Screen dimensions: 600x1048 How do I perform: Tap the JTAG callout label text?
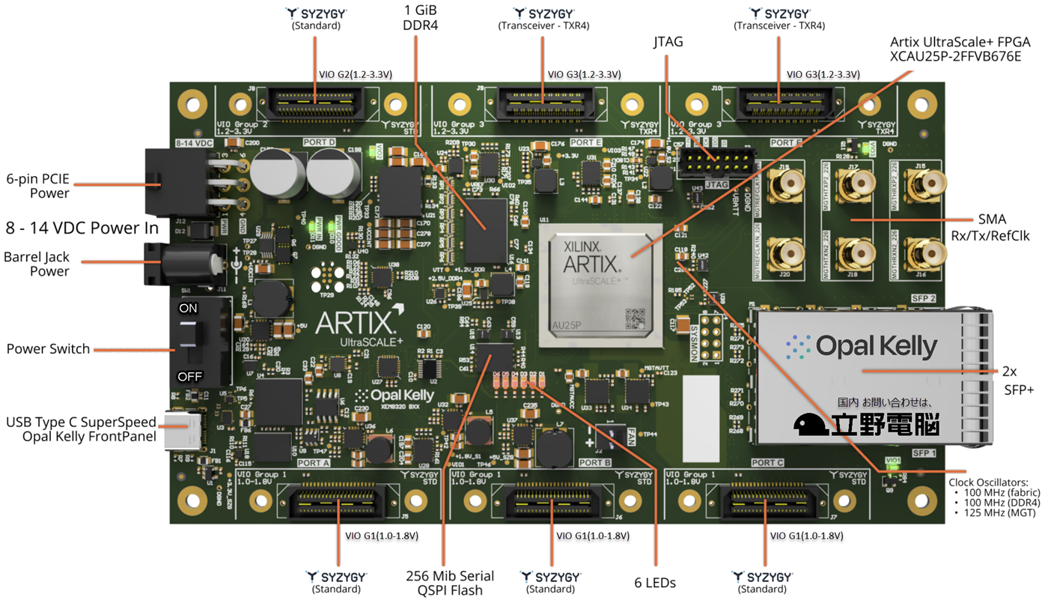click(x=668, y=43)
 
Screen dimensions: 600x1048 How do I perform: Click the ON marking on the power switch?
click(x=189, y=309)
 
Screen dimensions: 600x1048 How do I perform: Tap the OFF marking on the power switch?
click(x=189, y=376)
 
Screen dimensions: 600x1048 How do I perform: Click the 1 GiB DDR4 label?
click(x=419, y=19)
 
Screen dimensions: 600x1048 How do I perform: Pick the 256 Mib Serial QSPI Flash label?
click(x=450, y=582)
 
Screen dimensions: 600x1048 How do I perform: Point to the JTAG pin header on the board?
click(x=716, y=160)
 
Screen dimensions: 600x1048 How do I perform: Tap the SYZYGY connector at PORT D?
click(x=314, y=99)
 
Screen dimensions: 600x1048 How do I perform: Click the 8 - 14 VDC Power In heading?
click(x=82, y=228)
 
